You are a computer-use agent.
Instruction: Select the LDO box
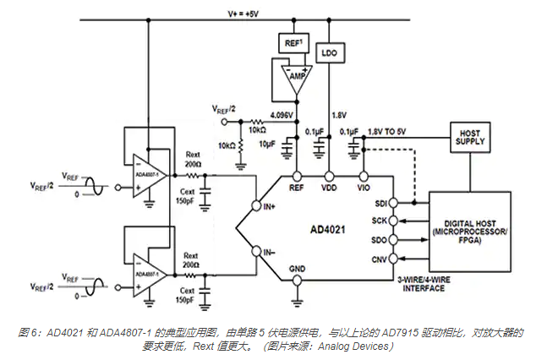(328, 52)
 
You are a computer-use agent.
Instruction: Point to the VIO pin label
(364, 187)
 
